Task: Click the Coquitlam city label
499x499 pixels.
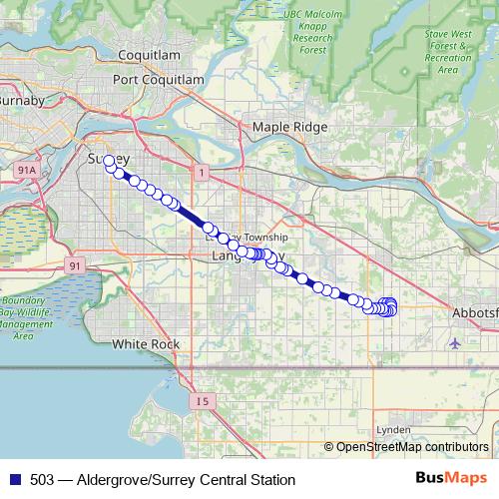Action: coord(148,54)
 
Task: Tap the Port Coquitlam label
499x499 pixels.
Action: coord(159,80)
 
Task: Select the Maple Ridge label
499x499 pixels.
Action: coord(289,127)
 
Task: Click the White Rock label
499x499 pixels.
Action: coord(146,344)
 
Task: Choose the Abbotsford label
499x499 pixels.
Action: coord(473,311)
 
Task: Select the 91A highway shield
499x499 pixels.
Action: coord(28,172)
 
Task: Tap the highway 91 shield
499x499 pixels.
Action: coord(76,265)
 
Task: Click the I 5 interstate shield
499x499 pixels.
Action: coord(204,401)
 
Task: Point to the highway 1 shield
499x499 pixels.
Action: coord(203,174)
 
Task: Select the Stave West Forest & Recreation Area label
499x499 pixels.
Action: coord(448,52)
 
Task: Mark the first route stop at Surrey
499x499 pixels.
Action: coord(109,161)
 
